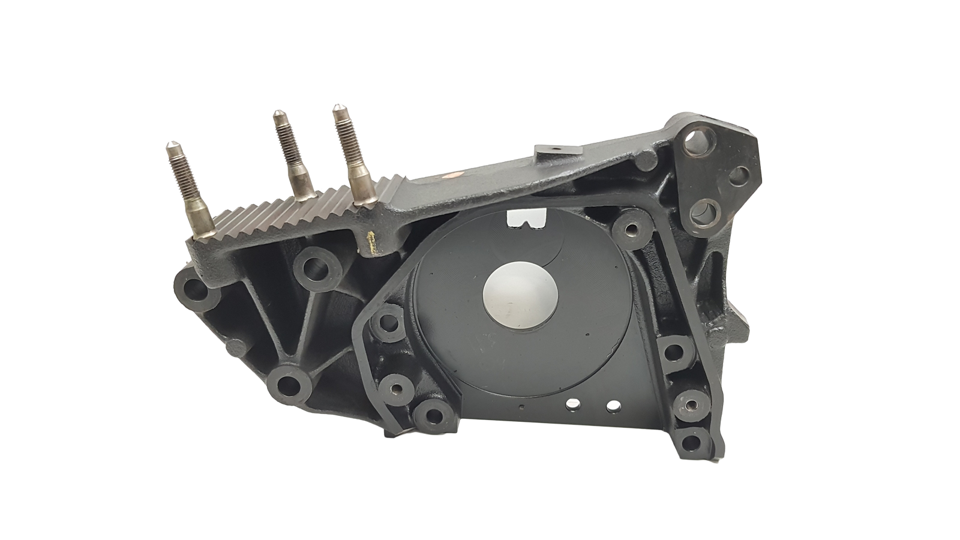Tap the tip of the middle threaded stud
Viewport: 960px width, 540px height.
(278, 114)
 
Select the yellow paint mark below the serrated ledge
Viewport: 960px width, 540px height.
(371, 241)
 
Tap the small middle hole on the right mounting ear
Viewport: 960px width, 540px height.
(739, 175)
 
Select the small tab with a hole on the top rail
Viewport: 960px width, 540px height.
(554, 152)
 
